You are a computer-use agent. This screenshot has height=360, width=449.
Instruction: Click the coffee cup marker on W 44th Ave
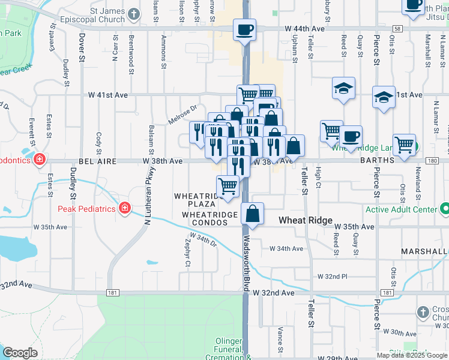[244, 29]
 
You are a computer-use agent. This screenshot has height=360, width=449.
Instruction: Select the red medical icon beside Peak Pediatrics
[125, 208]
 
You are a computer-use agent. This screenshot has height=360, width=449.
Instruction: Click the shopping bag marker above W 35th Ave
[253, 214]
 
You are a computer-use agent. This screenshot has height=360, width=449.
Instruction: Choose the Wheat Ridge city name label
[306, 220]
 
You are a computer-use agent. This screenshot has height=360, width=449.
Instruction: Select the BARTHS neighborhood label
[377, 160]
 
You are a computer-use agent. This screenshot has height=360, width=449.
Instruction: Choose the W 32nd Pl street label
[332, 277]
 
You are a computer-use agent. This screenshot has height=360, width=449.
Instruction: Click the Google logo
[20, 353]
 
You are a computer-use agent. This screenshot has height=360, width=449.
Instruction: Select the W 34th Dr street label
[205, 242]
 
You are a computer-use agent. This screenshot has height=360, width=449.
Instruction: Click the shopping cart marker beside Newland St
[405, 144]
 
